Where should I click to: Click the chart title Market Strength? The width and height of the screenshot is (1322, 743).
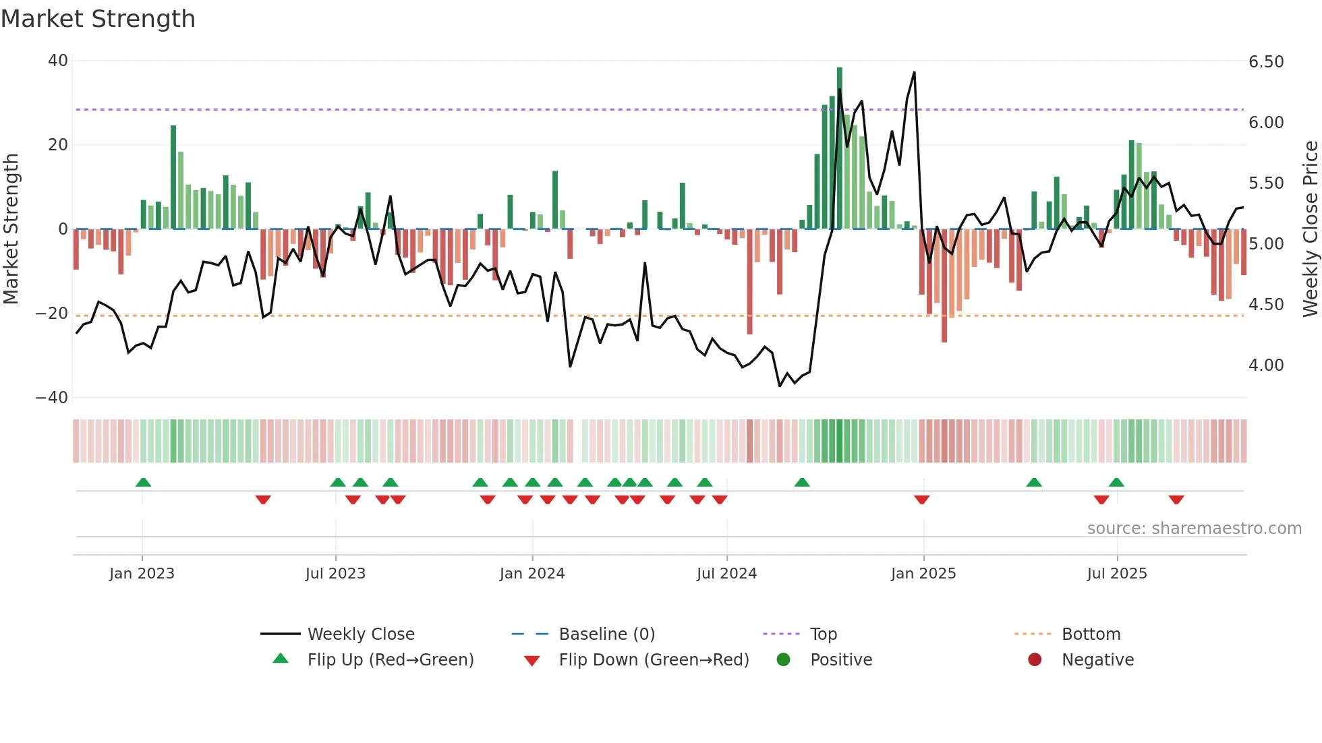pyautogui.click(x=98, y=19)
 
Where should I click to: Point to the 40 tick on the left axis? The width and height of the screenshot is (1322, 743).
pyautogui.click(x=58, y=61)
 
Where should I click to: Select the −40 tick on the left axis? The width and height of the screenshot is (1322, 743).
pyautogui.click(x=52, y=398)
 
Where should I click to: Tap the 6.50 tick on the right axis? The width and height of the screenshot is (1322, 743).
pyautogui.click(x=1266, y=62)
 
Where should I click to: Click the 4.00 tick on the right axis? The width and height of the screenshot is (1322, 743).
pyautogui.click(x=1266, y=365)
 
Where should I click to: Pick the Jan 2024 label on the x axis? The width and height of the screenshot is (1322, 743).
pyautogui.click(x=532, y=574)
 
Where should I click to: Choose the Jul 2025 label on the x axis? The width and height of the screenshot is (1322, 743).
pyautogui.click(x=1117, y=574)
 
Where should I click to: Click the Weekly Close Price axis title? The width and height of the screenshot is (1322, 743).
pyautogui.click(x=1310, y=229)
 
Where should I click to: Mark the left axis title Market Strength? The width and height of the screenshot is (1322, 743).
pyautogui.click(x=11, y=229)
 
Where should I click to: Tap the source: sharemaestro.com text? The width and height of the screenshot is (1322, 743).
pyautogui.click(x=1194, y=529)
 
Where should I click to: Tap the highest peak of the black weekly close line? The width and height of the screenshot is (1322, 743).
pyautogui.click(x=914, y=73)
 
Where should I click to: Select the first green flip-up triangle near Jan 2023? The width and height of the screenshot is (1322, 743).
pyautogui.click(x=143, y=483)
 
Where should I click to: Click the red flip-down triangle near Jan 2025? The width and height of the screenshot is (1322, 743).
pyautogui.click(x=922, y=500)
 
